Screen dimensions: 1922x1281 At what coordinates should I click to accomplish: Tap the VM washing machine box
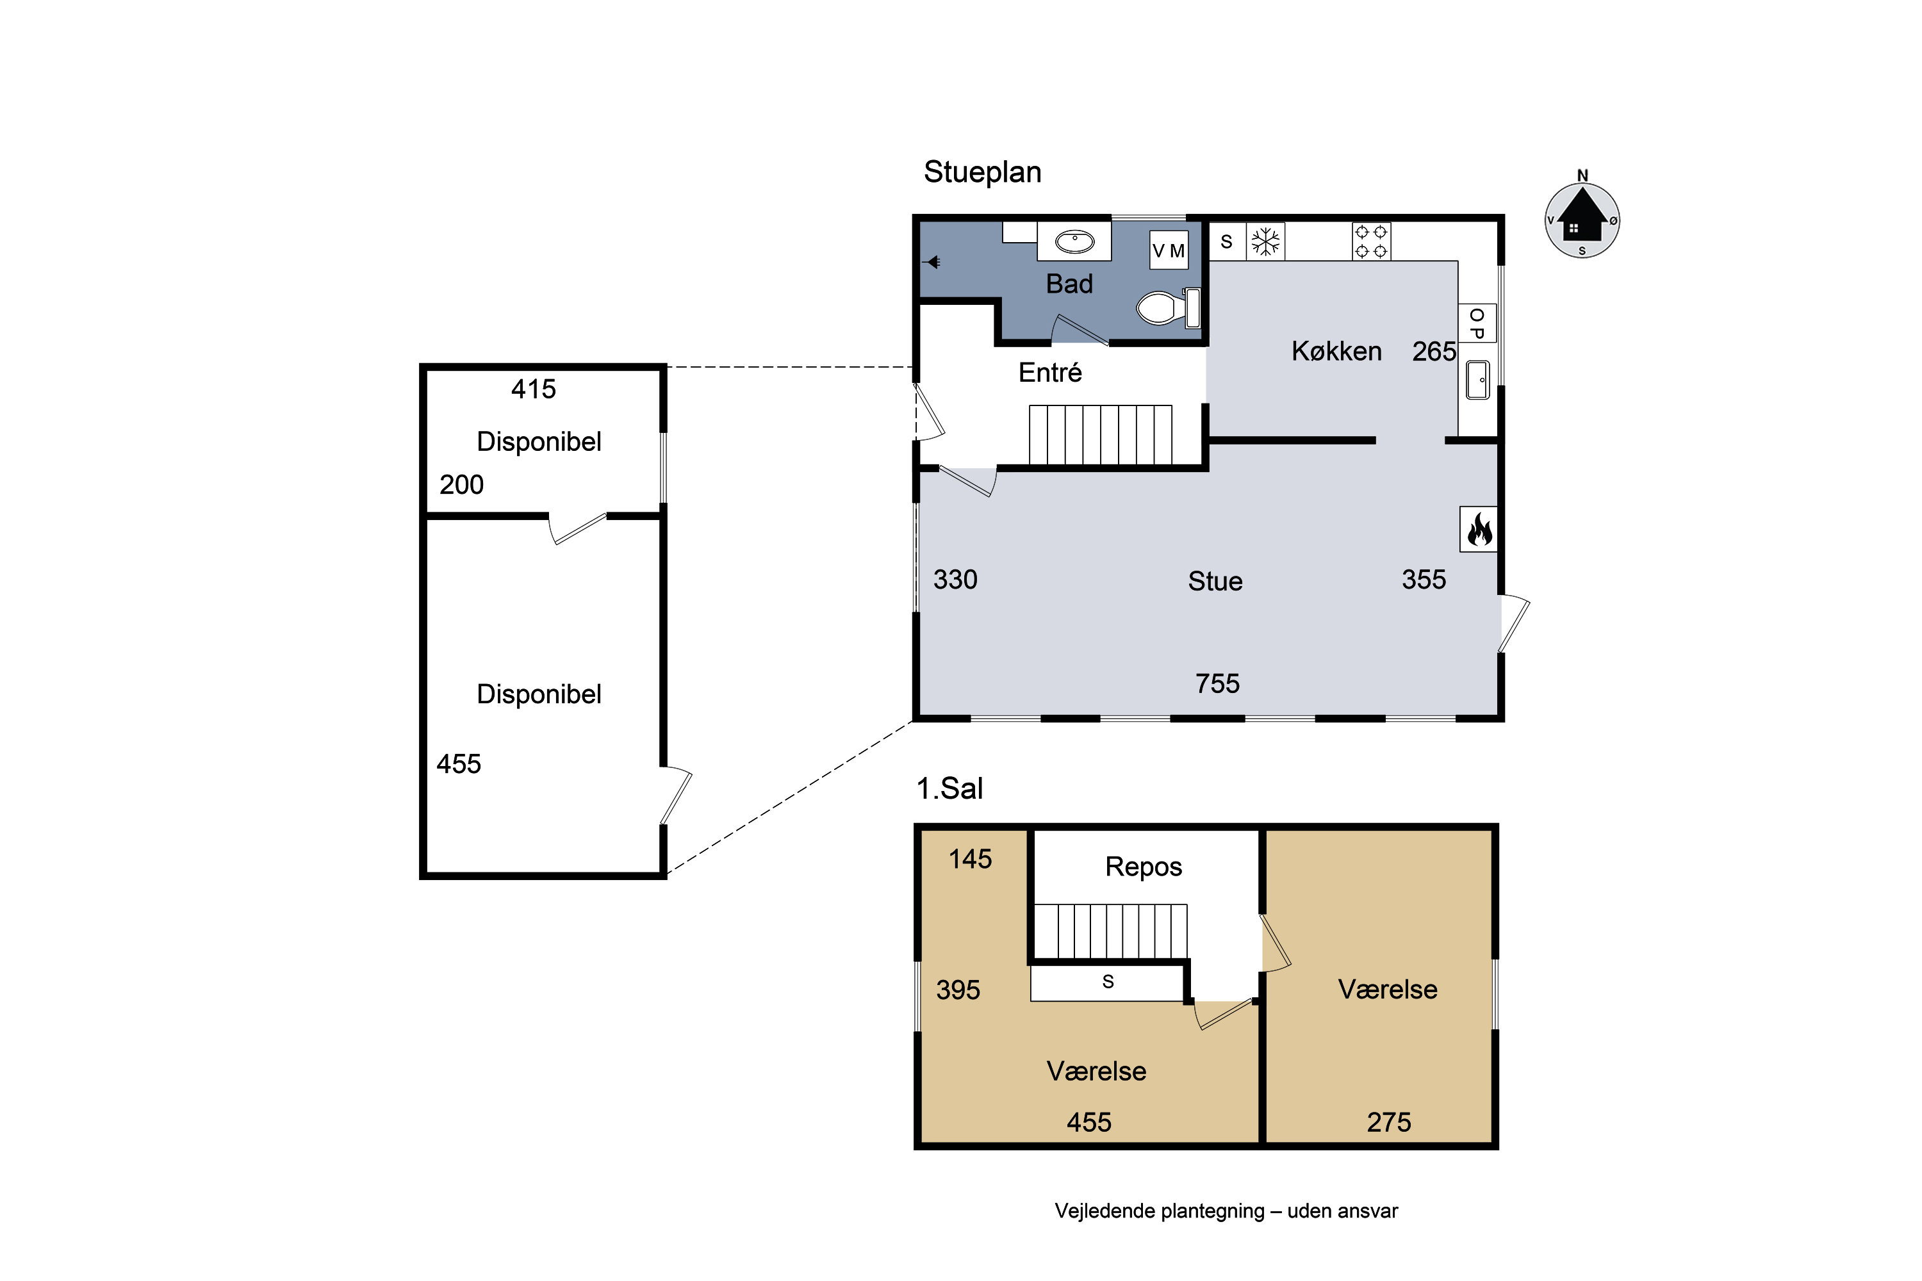point(1169,250)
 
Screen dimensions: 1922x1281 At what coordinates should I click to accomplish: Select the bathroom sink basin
point(1074,242)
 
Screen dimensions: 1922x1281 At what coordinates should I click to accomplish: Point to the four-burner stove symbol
point(1371,241)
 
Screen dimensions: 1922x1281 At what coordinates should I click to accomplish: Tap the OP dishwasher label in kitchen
point(1477,323)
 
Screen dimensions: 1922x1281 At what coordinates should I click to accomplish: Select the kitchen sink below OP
point(1477,380)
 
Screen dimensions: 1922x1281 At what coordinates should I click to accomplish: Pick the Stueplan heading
point(982,172)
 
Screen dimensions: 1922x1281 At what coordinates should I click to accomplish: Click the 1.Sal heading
point(949,788)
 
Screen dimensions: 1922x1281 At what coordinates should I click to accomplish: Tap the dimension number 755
point(1218,683)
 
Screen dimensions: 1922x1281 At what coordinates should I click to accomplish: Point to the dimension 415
point(534,389)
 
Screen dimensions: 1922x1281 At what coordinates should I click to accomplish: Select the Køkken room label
point(1337,351)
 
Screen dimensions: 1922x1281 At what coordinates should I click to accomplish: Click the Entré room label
point(1050,373)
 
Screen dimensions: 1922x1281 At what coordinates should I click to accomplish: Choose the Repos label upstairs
point(1143,867)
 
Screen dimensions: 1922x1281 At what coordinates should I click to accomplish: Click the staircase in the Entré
point(1100,435)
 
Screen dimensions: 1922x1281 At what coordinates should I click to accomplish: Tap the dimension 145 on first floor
point(970,859)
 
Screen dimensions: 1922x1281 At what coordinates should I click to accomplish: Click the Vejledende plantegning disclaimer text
point(1226,1211)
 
